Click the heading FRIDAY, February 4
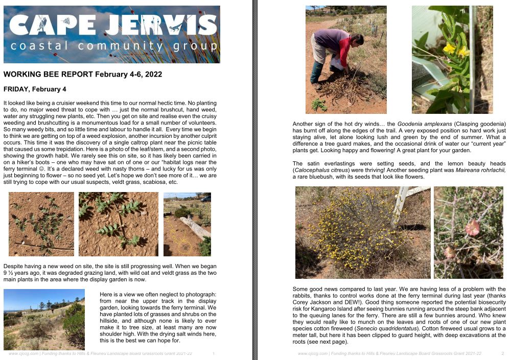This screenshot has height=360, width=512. point(35,89)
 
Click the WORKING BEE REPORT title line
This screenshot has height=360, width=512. point(83,75)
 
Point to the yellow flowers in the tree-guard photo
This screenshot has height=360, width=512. point(456,50)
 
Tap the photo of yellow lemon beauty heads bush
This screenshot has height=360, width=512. point(362,232)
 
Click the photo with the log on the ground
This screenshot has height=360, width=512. point(187,224)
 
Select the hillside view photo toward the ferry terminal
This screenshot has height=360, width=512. point(44,319)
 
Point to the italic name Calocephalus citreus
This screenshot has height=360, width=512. point(318,170)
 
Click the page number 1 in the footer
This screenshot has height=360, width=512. point(213,353)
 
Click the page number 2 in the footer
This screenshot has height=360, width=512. point(503,353)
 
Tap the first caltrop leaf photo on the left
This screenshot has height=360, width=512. point(41,224)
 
